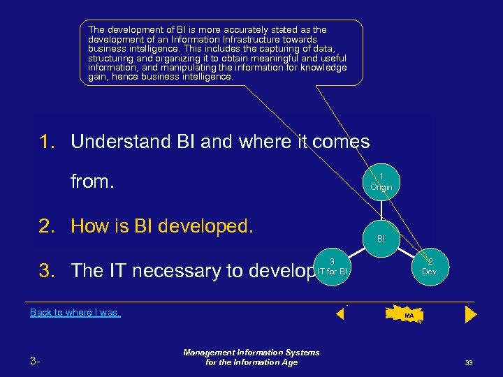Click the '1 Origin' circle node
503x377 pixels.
(381, 182)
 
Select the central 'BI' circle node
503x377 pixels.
(381, 238)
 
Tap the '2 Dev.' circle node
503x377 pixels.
(429, 266)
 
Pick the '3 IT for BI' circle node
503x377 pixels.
(332, 266)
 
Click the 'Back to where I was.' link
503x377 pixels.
(75, 313)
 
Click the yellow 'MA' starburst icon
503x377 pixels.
(408, 316)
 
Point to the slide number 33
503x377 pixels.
(469, 362)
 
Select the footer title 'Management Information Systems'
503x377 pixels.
(251, 353)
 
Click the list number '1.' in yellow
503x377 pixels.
(49, 142)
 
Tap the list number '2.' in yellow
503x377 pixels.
(49, 226)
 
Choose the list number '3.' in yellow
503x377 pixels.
(49, 271)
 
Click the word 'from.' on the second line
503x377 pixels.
(92, 182)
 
